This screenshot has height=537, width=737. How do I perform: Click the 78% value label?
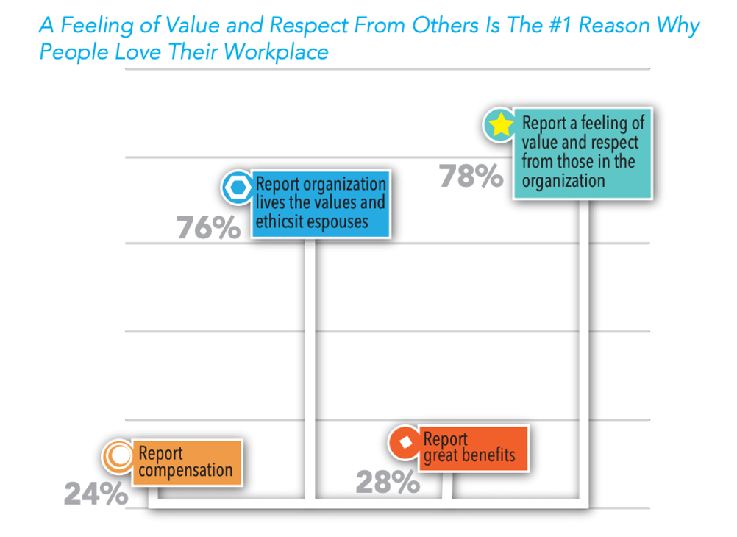[471, 177]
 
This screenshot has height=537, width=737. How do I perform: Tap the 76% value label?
[208, 229]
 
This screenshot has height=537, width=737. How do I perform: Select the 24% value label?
[95, 494]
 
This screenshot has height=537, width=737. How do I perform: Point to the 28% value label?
[388, 483]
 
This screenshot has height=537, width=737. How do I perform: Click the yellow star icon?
[500, 125]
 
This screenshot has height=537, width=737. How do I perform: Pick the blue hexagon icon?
[238, 188]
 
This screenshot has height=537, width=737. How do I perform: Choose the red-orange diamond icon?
[404, 442]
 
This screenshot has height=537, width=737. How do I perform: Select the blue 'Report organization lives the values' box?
[320, 204]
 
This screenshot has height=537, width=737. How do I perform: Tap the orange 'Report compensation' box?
[187, 462]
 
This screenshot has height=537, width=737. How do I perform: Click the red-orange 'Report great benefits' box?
[469, 447]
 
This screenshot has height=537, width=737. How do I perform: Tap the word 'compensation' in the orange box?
[185, 470]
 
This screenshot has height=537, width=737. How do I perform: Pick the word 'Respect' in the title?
[308, 26]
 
